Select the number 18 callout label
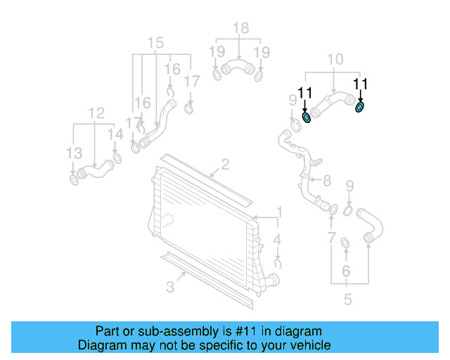[240, 28]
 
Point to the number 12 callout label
[96, 112]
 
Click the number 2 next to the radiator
[225, 165]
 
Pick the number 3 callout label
[170, 286]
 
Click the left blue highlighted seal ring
[306, 116]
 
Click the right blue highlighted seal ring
[361, 107]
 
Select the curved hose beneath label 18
[237, 69]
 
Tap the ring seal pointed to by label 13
[74, 182]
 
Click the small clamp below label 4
[278, 264]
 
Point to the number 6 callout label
[346, 271]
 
